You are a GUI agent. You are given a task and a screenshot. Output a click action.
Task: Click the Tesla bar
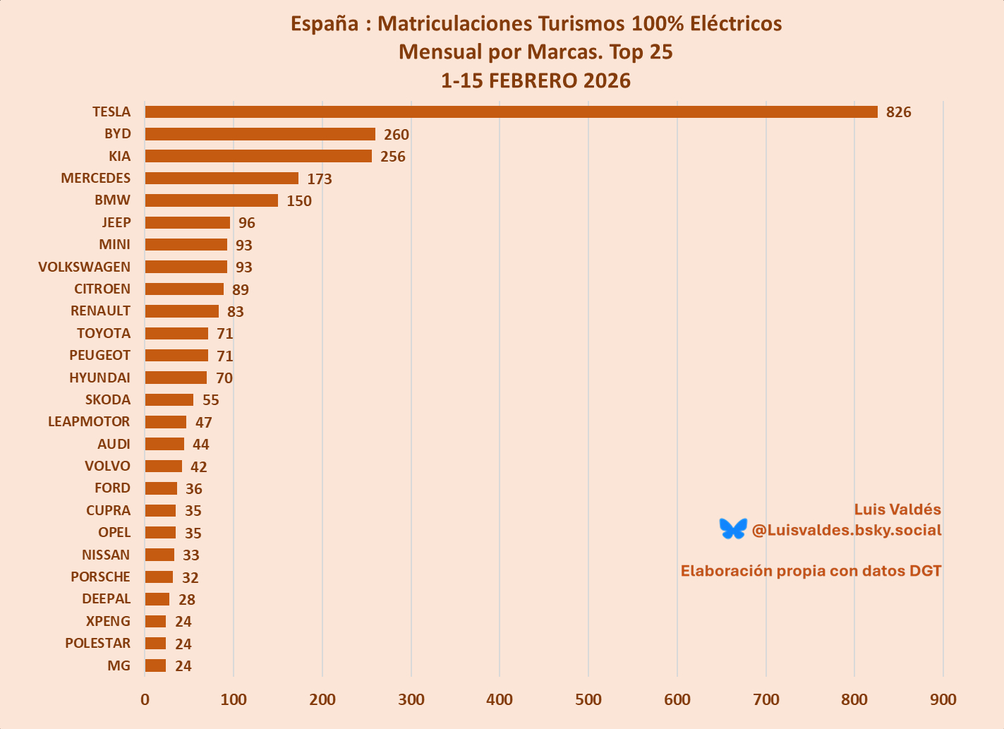511,112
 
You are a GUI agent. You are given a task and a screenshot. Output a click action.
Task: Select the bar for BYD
260,134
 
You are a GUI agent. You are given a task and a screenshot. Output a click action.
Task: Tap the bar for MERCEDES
222,178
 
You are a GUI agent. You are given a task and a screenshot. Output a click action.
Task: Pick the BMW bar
211,200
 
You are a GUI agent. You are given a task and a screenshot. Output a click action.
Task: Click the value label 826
898,112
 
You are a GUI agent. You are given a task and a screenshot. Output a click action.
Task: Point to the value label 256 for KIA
392,157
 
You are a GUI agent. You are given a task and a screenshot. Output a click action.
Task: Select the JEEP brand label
116,222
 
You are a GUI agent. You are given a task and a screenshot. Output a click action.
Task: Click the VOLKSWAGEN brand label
84,267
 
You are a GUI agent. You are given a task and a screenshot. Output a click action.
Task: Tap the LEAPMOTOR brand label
89,421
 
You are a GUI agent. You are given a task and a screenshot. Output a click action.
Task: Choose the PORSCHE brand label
100,577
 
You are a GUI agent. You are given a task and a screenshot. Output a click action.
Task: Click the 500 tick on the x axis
588,699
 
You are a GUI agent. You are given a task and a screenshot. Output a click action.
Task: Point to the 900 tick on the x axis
943,699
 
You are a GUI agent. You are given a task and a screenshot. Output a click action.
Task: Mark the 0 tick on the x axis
145,699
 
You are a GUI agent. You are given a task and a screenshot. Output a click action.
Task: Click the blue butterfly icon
733,529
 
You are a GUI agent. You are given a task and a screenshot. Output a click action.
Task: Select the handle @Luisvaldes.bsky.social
847,530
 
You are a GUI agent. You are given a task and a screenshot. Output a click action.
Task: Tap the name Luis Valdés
897,510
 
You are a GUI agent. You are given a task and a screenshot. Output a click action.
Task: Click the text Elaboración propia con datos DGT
811,571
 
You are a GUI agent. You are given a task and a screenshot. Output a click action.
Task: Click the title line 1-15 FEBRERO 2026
536,80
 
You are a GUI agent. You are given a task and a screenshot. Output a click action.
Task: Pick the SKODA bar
169,399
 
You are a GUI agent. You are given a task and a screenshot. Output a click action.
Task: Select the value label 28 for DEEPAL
186,599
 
